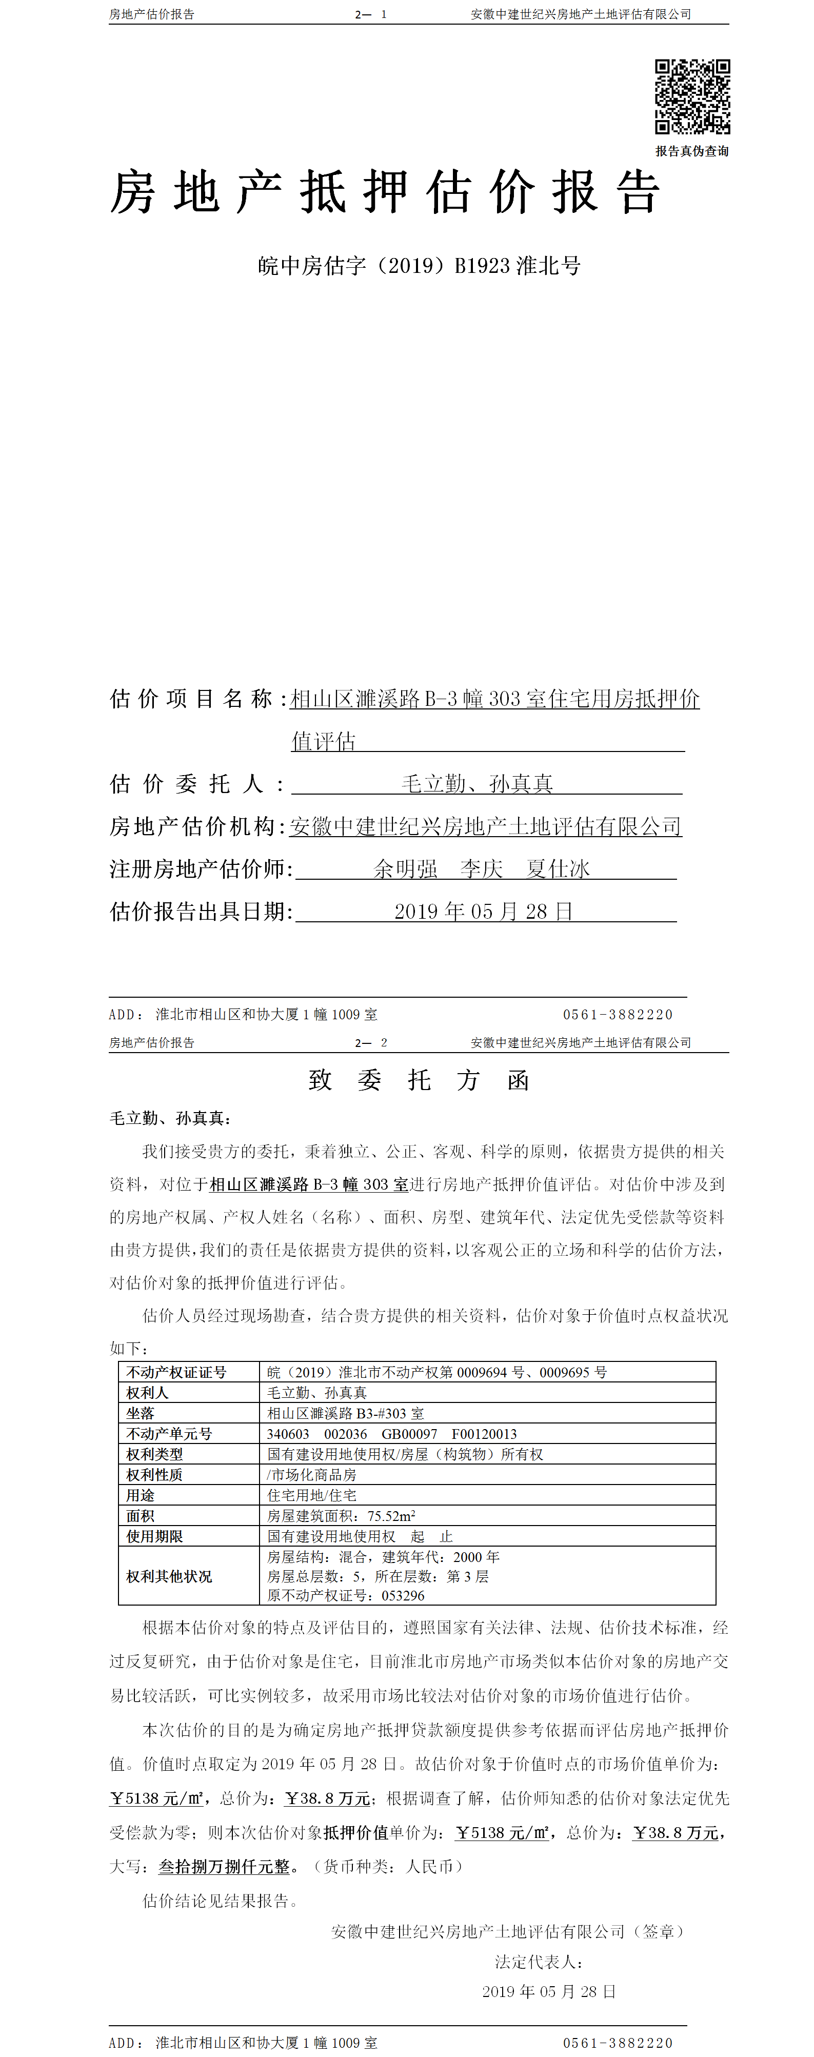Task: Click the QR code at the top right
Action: [692, 96]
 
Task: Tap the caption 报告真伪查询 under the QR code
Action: [692, 151]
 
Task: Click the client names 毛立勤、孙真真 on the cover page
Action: [477, 783]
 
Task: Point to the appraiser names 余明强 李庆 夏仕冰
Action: [482, 869]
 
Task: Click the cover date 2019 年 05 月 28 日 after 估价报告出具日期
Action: [483, 911]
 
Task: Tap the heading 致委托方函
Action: [419, 1080]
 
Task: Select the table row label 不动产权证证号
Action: [176, 1372]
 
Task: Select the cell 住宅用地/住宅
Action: [311, 1495]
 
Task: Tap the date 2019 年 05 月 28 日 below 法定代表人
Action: [549, 1991]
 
